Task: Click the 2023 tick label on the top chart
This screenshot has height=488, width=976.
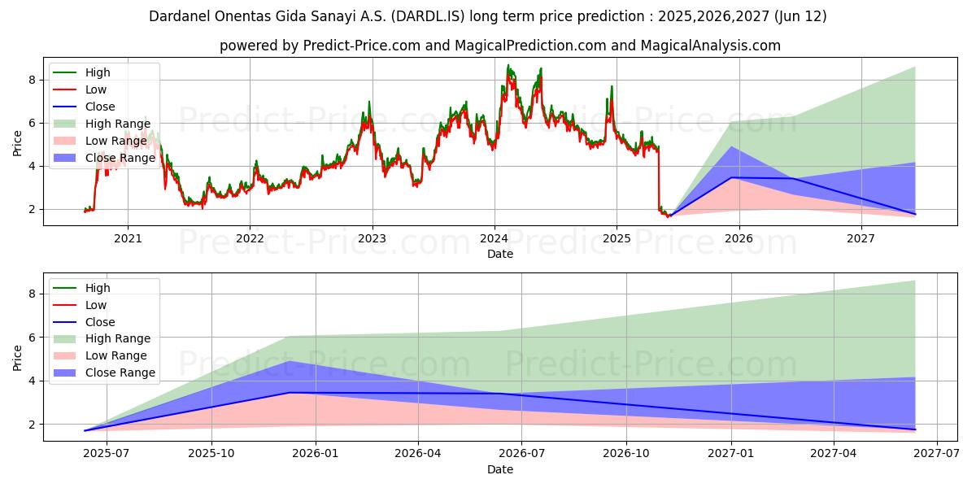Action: [372, 238]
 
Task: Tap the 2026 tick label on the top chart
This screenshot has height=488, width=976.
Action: [739, 238]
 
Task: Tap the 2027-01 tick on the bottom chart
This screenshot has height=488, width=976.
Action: [732, 454]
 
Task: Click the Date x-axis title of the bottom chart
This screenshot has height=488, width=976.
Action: [499, 469]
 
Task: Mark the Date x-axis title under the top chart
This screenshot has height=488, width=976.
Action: [499, 254]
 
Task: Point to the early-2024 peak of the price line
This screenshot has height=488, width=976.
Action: [508, 66]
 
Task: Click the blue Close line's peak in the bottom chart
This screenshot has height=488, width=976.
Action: [290, 393]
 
